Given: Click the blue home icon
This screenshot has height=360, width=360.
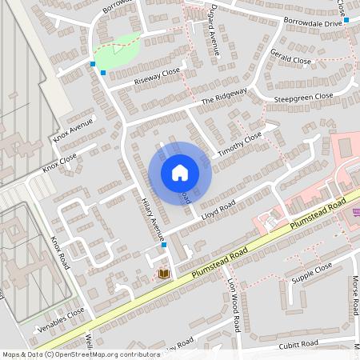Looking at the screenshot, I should tap(180, 173).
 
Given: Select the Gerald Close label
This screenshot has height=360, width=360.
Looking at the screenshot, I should tap(291, 60).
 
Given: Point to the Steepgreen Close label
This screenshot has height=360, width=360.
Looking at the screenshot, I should tap(303, 97).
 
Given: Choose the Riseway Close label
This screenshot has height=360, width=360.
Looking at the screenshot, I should tap(158, 76).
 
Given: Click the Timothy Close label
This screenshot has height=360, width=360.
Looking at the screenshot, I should tap(240, 142).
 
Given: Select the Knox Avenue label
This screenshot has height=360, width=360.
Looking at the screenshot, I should tap(73, 130).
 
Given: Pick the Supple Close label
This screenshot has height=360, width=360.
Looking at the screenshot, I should tap(312, 273).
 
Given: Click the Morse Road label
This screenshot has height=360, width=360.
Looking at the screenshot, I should tap(354, 297).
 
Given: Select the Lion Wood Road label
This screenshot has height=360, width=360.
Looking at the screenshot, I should tap(234, 306).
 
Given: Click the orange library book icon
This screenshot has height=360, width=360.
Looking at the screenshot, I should tap(164, 274).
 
